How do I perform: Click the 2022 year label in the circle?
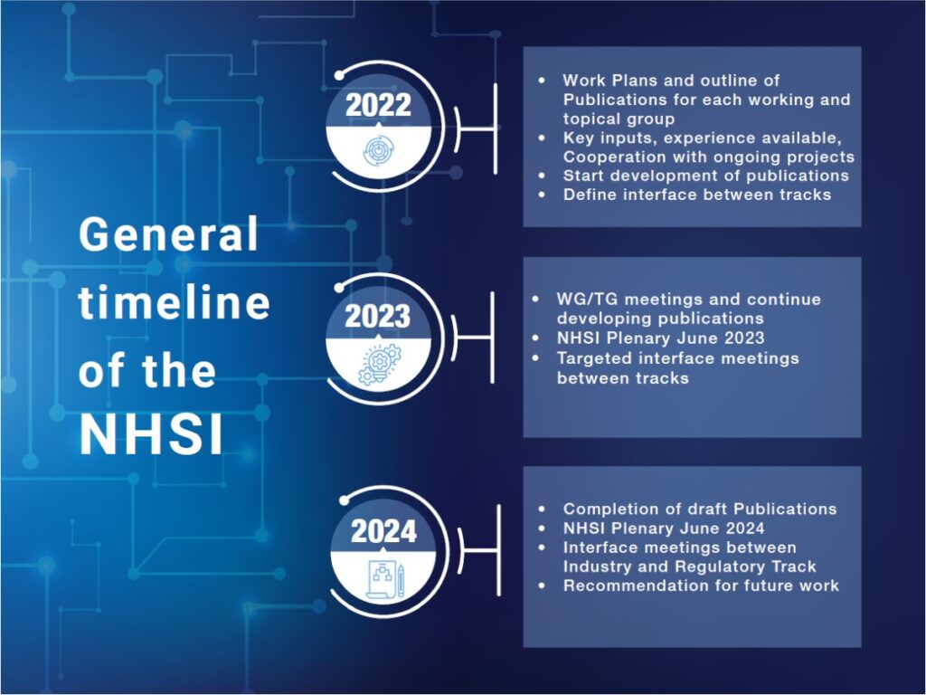click(378, 105)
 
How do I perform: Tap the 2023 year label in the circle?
click(377, 316)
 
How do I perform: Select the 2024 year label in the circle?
click(383, 530)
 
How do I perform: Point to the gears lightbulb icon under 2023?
click(379, 365)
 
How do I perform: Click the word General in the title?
click(169, 234)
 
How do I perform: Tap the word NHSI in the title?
click(152, 435)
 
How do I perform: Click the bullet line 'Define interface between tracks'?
click(697, 195)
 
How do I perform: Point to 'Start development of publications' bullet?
click(705, 176)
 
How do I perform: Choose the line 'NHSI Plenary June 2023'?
click(660, 338)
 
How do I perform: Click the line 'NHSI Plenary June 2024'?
click(664, 528)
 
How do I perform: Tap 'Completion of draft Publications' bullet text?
click(700, 509)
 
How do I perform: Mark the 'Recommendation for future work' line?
click(701, 586)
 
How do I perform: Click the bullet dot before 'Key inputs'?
click(543, 138)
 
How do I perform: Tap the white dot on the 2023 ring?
click(339, 288)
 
